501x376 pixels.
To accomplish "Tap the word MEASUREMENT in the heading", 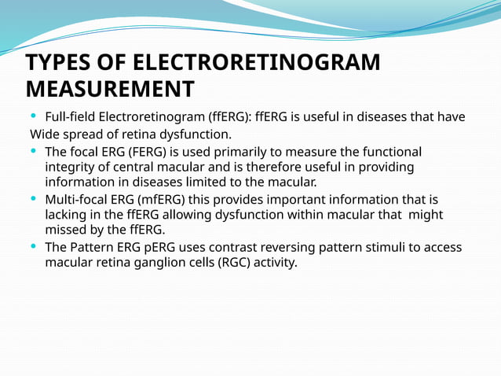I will (110, 88).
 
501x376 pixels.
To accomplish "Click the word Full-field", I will (71, 117).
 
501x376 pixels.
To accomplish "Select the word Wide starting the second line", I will (45, 134).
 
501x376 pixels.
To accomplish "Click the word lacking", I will (67, 215).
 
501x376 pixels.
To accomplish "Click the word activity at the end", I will (275, 263).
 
